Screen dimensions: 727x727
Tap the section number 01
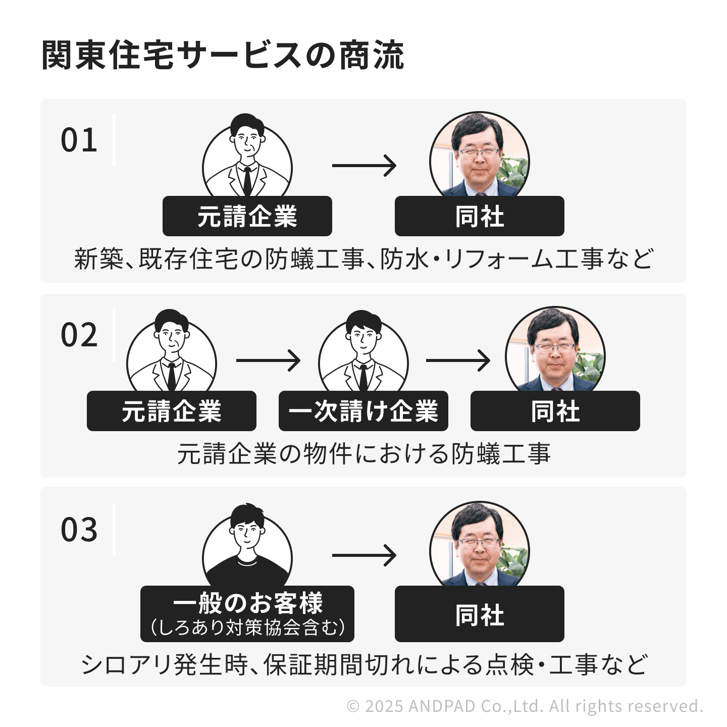click(x=79, y=140)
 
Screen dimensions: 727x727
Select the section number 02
click(x=79, y=335)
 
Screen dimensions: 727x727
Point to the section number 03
click(x=79, y=530)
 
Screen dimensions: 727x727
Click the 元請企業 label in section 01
click(x=247, y=217)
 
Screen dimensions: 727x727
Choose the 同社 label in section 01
click(x=479, y=217)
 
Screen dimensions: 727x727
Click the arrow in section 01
click(x=364, y=166)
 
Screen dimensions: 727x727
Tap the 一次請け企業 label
click(x=363, y=411)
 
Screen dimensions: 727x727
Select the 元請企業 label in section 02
click(x=171, y=411)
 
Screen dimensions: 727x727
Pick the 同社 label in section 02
click(x=555, y=411)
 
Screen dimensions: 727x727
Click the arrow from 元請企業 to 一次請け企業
click(x=268, y=360)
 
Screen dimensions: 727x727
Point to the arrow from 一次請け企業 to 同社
click(x=458, y=360)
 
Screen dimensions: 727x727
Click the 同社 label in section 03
click(x=479, y=614)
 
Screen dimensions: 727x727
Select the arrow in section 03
click(x=364, y=555)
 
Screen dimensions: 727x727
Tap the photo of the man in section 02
click(x=555, y=351)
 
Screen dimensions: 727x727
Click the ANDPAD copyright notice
click(x=525, y=706)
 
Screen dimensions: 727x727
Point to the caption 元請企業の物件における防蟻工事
click(x=363, y=453)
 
